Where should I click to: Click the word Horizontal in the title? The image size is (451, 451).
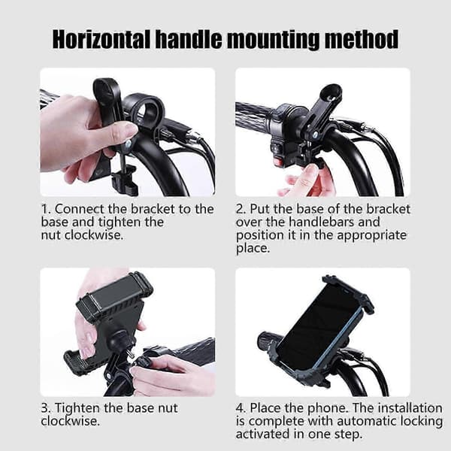click(x=101, y=39)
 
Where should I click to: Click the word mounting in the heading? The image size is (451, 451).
click(x=273, y=41)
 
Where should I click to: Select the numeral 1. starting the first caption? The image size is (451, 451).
click(x=45, y=209)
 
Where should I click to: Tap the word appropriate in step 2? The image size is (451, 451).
click(x=371, y=236)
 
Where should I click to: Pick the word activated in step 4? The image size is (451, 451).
click(x=262, y=434)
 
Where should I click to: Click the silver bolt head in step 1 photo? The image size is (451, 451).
click(x=128, y=143)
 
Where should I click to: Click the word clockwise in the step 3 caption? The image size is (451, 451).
click(x=70, y=422)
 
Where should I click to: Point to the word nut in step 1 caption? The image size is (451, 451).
click(x=51, y=235)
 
